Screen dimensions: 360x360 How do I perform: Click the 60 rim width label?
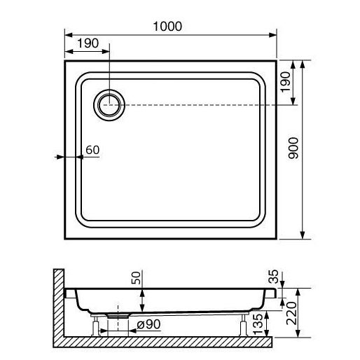pyautogui.click(x=92, y=150)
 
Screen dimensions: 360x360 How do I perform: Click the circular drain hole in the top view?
pyautogui.click(x=109, y=105)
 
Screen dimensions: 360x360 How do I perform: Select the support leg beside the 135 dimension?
pyautogui.click(x=243, y=325)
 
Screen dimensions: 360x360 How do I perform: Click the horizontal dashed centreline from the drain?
pyautogui.click(x=210, y=105)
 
